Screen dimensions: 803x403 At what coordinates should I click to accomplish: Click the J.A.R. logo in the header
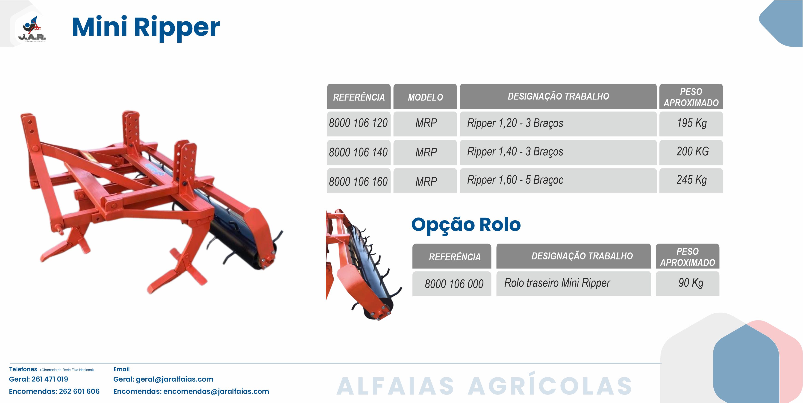coord(32,29)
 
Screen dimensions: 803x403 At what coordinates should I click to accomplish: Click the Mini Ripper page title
coord(146,28)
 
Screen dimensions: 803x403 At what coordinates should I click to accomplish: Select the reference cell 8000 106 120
coord(359,124)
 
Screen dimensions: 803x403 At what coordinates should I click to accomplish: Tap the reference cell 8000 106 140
coord(359,152)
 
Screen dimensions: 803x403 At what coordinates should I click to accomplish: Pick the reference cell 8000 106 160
coord(359,181)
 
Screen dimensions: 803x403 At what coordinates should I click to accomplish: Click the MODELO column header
coord(425,96)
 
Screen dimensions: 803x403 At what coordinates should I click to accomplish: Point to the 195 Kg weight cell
coord(691,124)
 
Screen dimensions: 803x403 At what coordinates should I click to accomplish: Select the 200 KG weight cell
coord(691,152)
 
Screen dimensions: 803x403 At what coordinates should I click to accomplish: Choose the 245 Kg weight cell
coord(691,181)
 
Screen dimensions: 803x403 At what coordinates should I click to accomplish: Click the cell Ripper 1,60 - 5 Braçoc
coord(558,181)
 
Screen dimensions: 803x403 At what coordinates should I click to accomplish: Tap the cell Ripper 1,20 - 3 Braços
coord(558,124)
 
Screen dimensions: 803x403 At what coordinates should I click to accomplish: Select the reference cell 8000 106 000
coord(452,284)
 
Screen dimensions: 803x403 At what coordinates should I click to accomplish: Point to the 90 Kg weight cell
coord(688,284)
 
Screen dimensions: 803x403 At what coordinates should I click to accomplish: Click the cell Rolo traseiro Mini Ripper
coord(574,284)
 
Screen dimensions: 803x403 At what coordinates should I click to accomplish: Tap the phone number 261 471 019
coord(50,379)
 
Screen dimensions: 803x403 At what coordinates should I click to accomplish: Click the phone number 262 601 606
coord(79,391)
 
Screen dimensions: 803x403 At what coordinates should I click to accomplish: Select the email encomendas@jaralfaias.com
coord(216,391)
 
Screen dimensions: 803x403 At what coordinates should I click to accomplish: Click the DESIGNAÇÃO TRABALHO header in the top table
coord(558,96)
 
